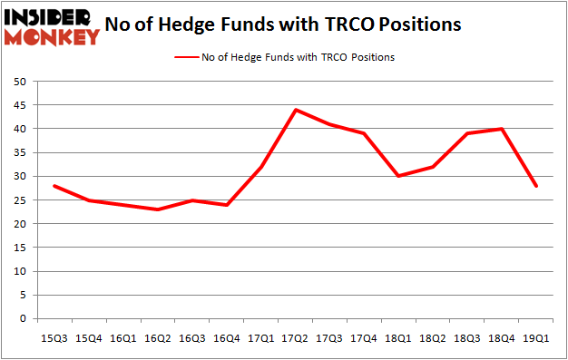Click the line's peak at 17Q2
point(296,110)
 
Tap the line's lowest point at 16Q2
point(157,209)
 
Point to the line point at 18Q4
point(501,129)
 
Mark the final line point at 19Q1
point(535,186)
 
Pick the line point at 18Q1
point(398,176)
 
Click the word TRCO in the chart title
point(343,25)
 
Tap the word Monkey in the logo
point(52,36)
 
